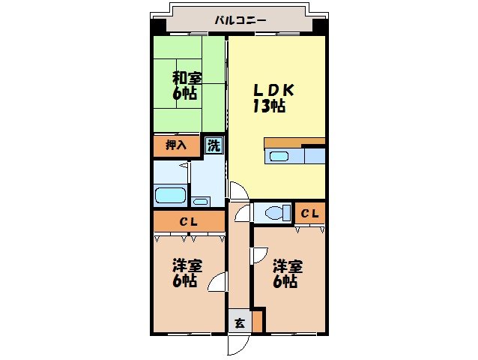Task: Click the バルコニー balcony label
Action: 240,20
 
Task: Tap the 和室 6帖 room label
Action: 187,85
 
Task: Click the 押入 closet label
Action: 176,145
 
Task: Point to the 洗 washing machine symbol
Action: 214,145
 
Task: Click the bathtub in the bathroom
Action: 170,196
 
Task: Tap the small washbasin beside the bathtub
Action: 200,201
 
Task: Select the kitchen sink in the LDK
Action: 279,156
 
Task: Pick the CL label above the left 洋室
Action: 188,221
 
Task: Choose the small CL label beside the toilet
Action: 309,214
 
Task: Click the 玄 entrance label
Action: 239,323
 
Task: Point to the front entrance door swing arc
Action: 237,344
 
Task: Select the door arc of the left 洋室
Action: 217,283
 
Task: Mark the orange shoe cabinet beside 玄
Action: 258,321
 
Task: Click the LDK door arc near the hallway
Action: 235,191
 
